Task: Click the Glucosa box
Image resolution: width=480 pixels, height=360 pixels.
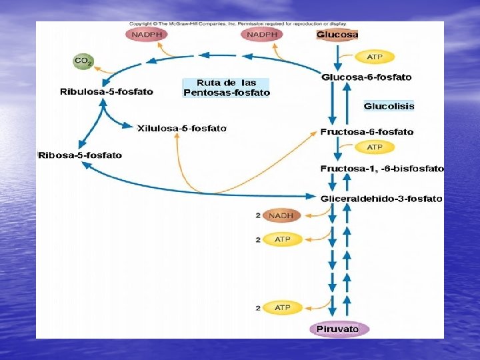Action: pyautogui.click(x=337, y=35)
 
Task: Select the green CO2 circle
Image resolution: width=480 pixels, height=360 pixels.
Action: pyautogui.click(x=83, y=61)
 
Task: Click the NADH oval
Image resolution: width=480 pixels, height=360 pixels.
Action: pyautogui.click(x=282, y=215)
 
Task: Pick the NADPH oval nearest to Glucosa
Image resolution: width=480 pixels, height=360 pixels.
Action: pyautogui.click(x=262, y=34)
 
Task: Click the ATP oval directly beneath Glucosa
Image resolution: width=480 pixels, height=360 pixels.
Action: pyautogui.click(x=375, y=57)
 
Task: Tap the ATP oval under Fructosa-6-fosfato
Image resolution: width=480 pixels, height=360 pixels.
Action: pyautogui.click(x=375, y=147)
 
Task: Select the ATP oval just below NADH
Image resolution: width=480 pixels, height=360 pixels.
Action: pyautogui.click(x=282, y=239)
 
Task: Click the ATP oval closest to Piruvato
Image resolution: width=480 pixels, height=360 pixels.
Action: pyautogui.click(x=282, y=307)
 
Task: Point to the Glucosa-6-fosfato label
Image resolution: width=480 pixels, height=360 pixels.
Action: pyautogui.click(x=367, y=77)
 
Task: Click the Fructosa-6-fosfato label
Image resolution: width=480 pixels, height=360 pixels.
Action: pyautogui.click(x=367, y=131)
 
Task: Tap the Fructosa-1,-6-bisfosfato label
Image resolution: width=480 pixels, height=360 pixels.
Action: pyautogui.click(x=382, y=169)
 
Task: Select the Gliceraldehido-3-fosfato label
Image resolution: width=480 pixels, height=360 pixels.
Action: pyautogui.click(x=381, y=198)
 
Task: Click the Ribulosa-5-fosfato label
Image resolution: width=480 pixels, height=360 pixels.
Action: pyautogui.click(x=107, y=91)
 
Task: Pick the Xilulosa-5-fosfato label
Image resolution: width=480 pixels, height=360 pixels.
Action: pyautogui.click(x=181, y=128)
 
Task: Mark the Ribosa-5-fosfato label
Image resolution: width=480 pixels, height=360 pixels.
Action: pyautogui.click(x=80, y=155)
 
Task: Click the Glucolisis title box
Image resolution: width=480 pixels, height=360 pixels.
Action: pyautogui.click(x=389, y=106)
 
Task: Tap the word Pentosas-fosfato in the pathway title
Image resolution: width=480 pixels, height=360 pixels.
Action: pyautogui.click(x=227, y=93)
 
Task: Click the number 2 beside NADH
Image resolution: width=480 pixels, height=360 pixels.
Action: pyautogui.click(x=257, y=215)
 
